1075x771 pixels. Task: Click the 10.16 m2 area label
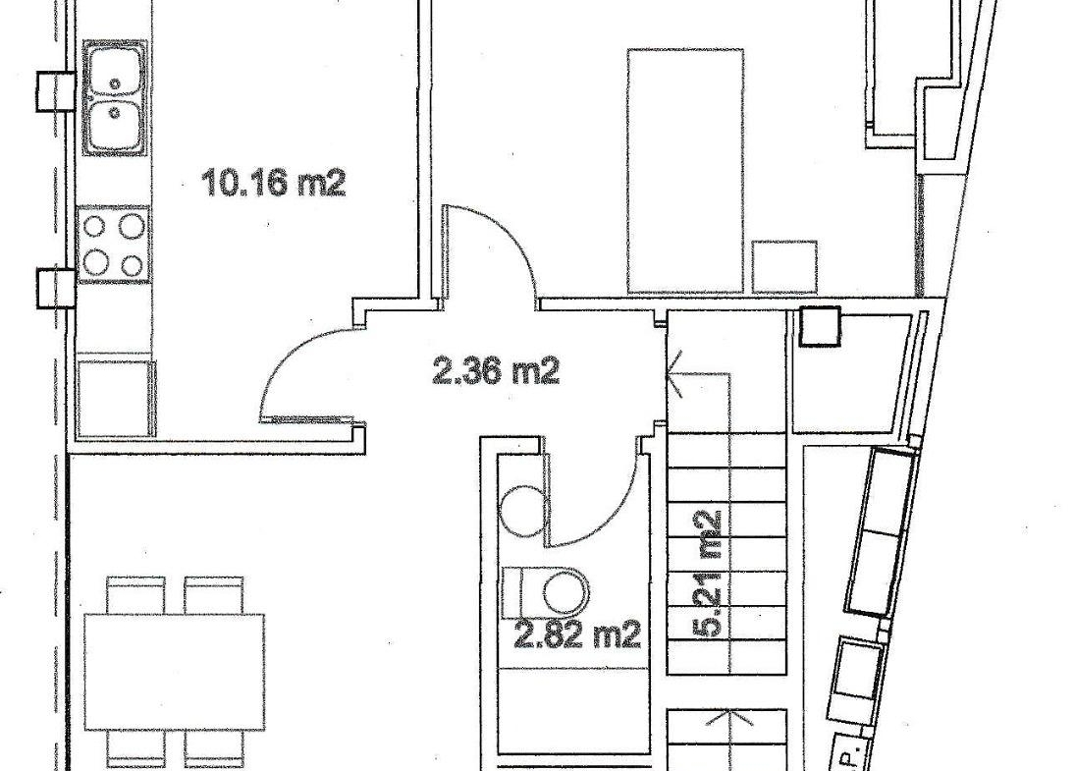(x=274, y=183)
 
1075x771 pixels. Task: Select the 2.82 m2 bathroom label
(x=577, y=634)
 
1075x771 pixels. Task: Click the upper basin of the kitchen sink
(x=114, y=71)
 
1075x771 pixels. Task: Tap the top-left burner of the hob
(x=95, y=225)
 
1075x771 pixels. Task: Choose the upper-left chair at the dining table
(x=136, y=594)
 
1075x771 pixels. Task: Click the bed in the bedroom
(x=685, y=171)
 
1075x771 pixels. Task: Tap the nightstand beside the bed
(x=784, y=267)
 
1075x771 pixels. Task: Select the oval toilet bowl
(x=567, y=590)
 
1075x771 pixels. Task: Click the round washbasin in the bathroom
(x=520, y=509)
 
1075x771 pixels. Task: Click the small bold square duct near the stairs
(x=821, y=326)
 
